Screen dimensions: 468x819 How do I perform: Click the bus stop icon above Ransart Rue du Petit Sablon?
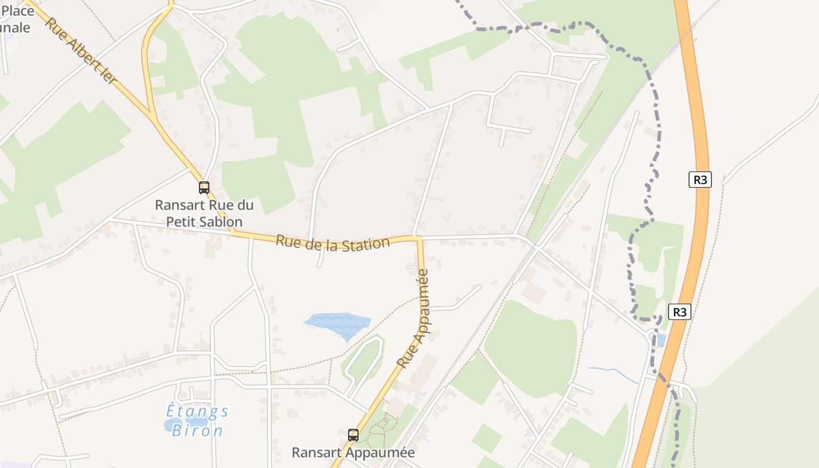click(x=204, y=188)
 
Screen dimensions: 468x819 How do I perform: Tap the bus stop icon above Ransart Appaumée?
click(x=353, y=435)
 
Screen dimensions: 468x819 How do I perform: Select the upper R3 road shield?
click(x=700, y=180)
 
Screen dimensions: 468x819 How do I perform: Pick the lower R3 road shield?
click(x=679, y=312)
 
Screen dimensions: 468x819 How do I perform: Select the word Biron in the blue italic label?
click(x=197, y=431)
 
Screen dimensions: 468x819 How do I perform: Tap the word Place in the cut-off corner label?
click(x=18, y=11)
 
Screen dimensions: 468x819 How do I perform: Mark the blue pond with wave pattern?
click(x=338, y=324)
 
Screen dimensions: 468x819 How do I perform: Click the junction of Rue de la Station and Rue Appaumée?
click(x=418, y=238)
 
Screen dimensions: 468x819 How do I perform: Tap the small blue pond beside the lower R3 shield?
click(x=661, y=340)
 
